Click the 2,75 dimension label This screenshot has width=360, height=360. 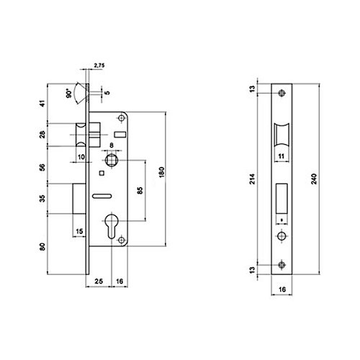click(x=99, y=66)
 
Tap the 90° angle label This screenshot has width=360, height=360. click(x=69, y=94)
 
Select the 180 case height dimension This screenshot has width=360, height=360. click(x=162, y=172)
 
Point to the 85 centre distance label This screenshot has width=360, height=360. click(x=140, y=190)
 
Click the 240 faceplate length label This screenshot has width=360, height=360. click(x=314, y=179)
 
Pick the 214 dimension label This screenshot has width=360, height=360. click(x=253, y=179)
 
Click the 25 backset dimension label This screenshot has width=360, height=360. click(x=99, y=281)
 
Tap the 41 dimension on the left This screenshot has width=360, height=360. click(x=42, y=104)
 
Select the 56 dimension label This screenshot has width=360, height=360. click(x=42, y=167)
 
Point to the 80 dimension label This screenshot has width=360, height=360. click(x=42, y=247)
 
